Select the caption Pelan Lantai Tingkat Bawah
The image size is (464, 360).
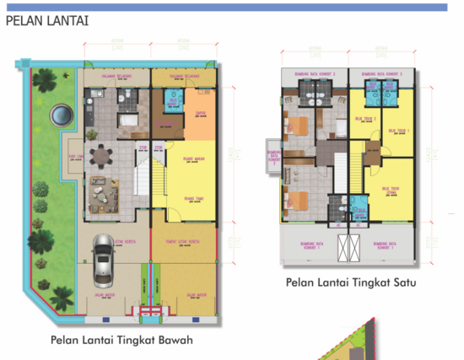(x=121, y=341)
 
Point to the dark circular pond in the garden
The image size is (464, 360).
(x=59, y=111)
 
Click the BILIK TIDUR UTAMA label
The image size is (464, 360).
(x=391, y=191)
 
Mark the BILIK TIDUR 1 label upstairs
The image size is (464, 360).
(x=396, y=131)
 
